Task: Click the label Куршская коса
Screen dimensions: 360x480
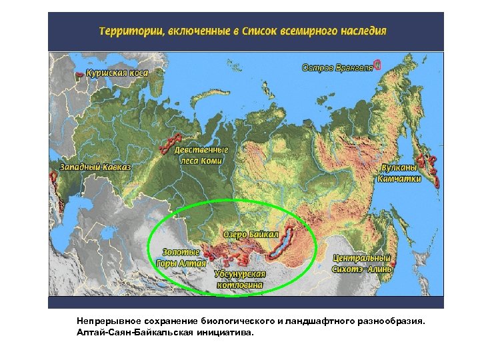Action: point(117,72)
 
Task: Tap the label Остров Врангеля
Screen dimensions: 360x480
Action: point(337,67)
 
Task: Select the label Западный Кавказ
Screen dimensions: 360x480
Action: point(95,166)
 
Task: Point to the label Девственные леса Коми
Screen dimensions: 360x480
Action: point(201,155)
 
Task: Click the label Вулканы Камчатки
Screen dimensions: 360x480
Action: point(399,173)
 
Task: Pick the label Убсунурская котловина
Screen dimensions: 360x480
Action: point(240,279)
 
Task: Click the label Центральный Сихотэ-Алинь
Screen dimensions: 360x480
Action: point(362,263)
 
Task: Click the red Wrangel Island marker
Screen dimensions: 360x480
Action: point(377,65)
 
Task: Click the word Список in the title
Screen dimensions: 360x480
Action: point(260,31)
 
